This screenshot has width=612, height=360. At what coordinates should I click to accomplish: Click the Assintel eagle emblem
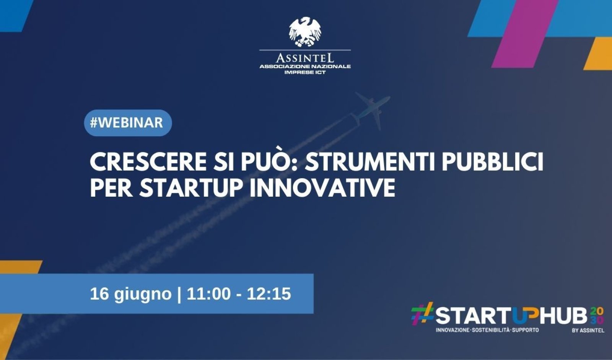point(305,32)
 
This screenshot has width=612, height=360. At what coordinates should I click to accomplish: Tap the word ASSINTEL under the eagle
point(305,58)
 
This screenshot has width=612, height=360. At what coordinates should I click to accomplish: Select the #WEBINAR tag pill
point(128,123)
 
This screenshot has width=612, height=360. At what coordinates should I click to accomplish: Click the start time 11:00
point(209,294)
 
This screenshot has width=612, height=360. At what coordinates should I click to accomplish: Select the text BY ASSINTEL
point(588,331)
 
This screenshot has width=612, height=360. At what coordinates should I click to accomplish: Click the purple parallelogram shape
point(524,34)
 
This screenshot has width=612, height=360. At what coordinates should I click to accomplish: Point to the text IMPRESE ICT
point(305,72)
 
